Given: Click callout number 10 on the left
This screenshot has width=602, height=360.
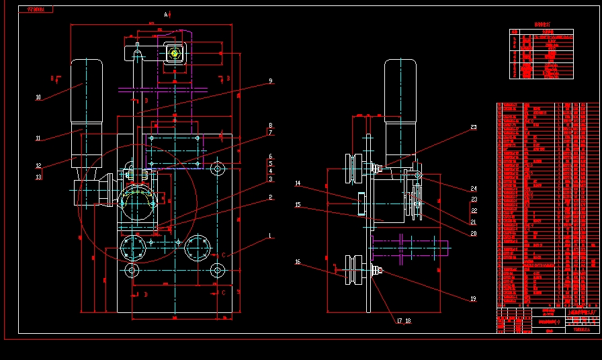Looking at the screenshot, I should tap(38, 97).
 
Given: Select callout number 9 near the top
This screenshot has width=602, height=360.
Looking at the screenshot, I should tap(270, 81).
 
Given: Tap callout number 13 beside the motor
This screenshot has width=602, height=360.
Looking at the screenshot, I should tap(38, 177).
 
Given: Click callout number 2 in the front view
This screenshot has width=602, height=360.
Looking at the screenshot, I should tap(270, 197).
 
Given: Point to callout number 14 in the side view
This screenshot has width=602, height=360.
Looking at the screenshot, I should tap(298, 183).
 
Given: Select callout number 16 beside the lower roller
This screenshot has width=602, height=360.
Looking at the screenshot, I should tap(298, 263).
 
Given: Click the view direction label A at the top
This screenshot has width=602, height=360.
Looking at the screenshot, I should tap(166, 14).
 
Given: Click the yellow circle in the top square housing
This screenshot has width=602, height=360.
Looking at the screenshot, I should tap(174, 53).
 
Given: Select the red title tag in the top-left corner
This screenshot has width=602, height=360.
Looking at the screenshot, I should tap(36, 10).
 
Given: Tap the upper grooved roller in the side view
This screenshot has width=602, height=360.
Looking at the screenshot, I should tap(352, 169).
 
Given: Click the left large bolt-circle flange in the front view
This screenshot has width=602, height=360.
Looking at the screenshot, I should tap(132, 249).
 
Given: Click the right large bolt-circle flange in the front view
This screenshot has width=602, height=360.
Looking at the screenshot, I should tap(198, 249).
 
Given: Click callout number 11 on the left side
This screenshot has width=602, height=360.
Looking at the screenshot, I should tap(38, 139).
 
